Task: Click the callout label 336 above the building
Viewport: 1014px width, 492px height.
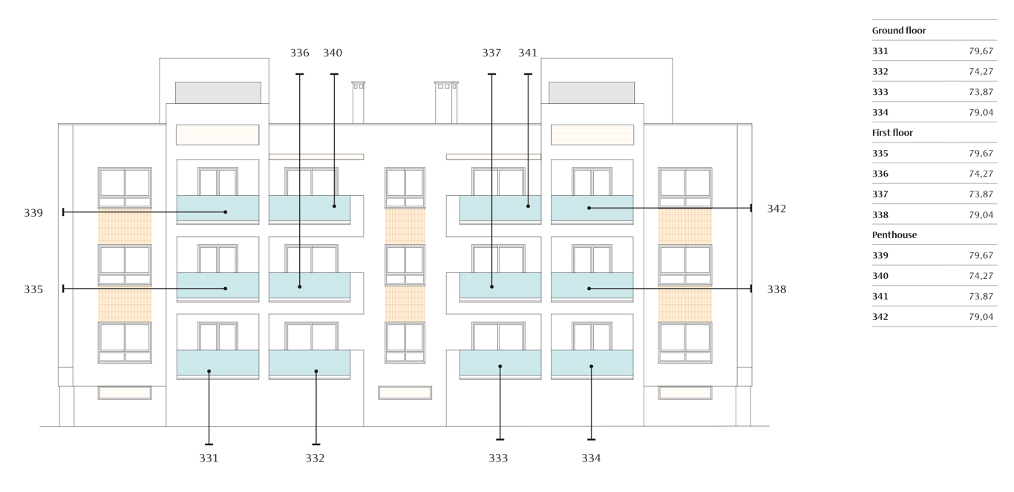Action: click(299, 53)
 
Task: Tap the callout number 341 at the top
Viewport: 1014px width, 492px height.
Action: click(528, 53)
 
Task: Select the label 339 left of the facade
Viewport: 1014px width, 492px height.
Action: click(33, 213)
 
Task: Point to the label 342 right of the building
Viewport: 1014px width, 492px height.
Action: click(776, 209)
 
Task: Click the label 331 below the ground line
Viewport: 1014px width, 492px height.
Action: click(209, 458)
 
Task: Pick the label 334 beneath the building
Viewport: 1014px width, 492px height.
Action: click(591, 458)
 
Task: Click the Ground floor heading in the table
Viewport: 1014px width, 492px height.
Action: click(899, 30)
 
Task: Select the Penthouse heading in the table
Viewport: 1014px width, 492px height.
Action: click(894, 234)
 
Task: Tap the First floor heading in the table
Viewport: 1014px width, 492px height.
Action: click(892, 133)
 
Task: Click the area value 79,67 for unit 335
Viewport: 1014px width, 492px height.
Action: click(981, 154)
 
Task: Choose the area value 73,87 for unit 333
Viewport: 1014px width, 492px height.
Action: click(981, 92)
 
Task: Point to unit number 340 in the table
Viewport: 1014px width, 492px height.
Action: click(880, 276)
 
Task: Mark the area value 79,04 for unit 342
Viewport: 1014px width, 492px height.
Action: click(981, 317)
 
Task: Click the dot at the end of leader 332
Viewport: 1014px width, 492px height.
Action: click(316, 371)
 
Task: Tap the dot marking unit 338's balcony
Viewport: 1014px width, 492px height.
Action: click(589, 289)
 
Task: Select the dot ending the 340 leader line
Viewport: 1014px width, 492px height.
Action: click(334, 206)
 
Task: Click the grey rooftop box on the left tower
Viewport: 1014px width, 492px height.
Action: click(218, 93)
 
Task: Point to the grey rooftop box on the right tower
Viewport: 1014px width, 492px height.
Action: click(592, 93)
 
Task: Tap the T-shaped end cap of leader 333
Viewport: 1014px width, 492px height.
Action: click(500, 439)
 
